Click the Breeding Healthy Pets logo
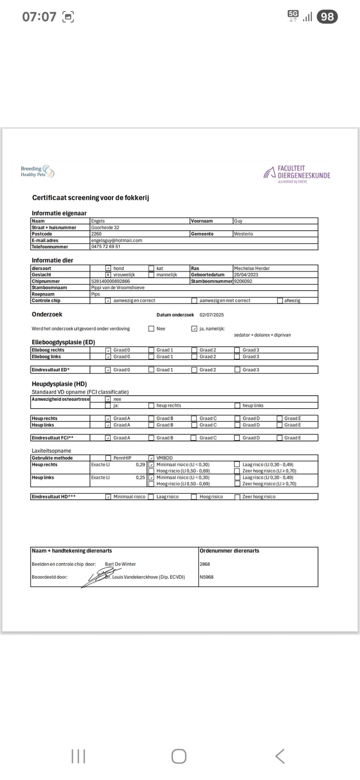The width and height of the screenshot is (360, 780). pos(37,171)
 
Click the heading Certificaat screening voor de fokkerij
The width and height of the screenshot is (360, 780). pos(90,198)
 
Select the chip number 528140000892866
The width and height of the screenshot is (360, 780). pos(110,281)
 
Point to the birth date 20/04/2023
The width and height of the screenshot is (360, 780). pos(246,275)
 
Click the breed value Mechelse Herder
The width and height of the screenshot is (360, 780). pos(251,268)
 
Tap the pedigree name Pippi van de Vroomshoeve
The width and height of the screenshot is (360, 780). pos(118,288)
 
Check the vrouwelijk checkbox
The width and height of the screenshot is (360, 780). pos(108,275)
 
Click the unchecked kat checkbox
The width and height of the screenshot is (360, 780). pos(151,268)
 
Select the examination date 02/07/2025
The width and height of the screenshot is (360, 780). pos(211,315)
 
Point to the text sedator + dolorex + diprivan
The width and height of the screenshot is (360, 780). pos(262,335)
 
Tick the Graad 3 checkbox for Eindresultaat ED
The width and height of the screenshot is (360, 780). pos(237,369)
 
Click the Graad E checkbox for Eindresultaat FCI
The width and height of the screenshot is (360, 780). pos(280,438)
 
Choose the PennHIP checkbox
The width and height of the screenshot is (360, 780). pos(108,458)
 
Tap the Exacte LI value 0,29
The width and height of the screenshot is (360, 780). pos(140,465)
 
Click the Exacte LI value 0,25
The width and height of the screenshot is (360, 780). pos(140,478)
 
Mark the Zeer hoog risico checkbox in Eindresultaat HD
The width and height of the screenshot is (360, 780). pos(237,497)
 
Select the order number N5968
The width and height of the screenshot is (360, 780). pos(206,577)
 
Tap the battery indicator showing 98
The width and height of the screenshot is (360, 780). pos(327,17)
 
